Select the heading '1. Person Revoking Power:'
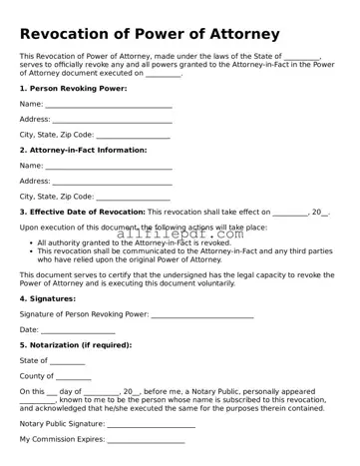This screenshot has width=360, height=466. point(73,88)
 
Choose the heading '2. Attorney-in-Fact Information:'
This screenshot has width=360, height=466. point(83,150)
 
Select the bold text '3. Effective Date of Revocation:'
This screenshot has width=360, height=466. point(82,212)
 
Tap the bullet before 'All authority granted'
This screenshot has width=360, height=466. point(29,242)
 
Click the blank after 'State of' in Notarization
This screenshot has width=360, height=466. point(68,361)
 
